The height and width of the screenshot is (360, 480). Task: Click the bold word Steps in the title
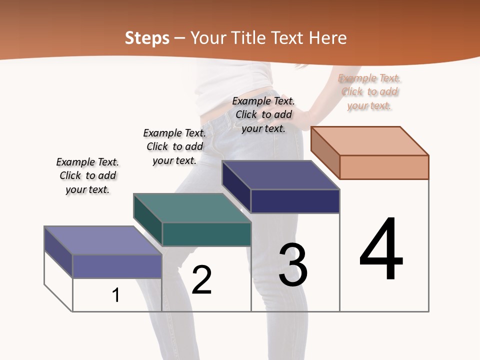[x=147, y=38]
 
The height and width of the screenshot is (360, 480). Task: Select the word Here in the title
[x=327, y=38]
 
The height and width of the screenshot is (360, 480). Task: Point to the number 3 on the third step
[x=293, y=265]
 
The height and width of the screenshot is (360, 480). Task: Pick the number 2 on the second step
[x=201, y=280]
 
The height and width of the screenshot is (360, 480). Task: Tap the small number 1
[x=116, y=295]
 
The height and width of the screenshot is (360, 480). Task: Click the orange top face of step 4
[x=370, y=140]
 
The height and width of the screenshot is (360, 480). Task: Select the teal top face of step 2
[x=192, y=208]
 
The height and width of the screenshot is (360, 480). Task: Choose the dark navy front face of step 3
[x=295, y=201]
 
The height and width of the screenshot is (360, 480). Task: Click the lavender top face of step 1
[x=103, y=240]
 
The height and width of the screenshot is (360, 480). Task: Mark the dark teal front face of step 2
[x=206, y=234]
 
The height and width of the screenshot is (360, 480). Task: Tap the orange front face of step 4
[x=384, y=167]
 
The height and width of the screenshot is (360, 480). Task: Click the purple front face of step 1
[x=117, y=266]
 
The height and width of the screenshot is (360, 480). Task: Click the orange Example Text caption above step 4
[x=369, y=91]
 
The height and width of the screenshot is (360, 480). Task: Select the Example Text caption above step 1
[x=87, y=175]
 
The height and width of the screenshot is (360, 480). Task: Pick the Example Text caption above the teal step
[x=174, y=146]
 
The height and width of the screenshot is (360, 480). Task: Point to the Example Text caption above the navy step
[x=263, y=114]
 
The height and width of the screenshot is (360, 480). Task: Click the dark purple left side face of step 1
[x=58, y=252]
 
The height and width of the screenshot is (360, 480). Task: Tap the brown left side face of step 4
[x=325, y=152]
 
